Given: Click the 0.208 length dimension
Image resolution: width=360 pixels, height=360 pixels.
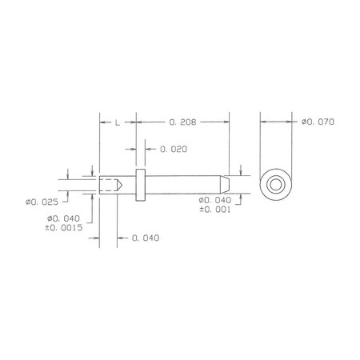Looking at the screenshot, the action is [x=182, y=122].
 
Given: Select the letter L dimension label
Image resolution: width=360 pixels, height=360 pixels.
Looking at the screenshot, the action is [x=118, y=122].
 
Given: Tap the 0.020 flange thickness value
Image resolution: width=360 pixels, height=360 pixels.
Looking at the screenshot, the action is [x=174, y=149].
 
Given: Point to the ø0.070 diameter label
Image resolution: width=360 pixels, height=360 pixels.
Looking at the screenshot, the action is [x=318, y=122].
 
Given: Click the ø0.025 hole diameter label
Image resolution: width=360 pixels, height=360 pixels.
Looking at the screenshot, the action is [x=42, y=202].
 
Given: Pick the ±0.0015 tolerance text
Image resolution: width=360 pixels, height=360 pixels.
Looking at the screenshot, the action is [x=64, y=228].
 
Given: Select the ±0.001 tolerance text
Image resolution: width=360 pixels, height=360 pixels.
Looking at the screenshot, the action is [x=215, y=210].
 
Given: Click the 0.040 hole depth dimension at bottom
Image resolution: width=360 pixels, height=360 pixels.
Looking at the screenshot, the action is [x=146, y=238].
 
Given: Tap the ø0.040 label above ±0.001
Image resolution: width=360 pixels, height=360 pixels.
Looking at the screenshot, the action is [x=215, y=200].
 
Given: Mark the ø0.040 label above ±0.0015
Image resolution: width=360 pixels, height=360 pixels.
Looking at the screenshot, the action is [x=63, y=218].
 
